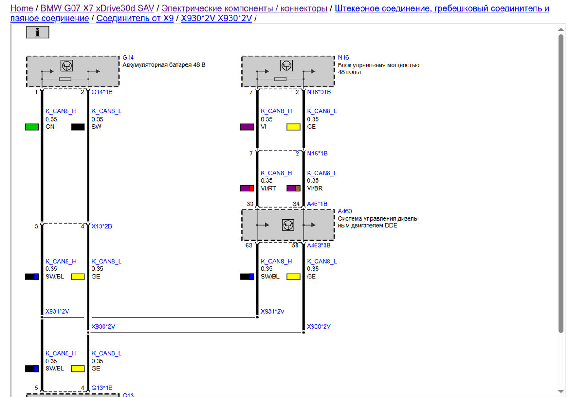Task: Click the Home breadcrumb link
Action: (x=21, y=8)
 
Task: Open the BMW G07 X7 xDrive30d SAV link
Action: (x=97, y=8)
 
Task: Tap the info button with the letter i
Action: (x=37, y=32)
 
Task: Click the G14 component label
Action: (x=128, y=57)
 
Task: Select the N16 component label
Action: (x=343, y=57)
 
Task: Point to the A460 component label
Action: (x=345, y=211)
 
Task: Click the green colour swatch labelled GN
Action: (x=32, y=127)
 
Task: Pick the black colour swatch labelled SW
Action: (x=78, y=127)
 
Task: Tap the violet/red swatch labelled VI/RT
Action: (x=247, y=188)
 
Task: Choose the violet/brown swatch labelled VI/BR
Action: (x=293, y=188)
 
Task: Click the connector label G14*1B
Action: (x=102, y=92)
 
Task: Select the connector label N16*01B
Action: (x=319, y=92)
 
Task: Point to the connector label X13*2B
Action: (x=101, y=226)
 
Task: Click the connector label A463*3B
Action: (x=319, y=245)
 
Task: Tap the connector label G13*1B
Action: (x=102, y=388)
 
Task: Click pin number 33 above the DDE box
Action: (x=250, y=204)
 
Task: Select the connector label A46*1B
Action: (x=317, y=204)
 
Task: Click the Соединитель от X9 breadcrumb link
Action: (x=135, y=18)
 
